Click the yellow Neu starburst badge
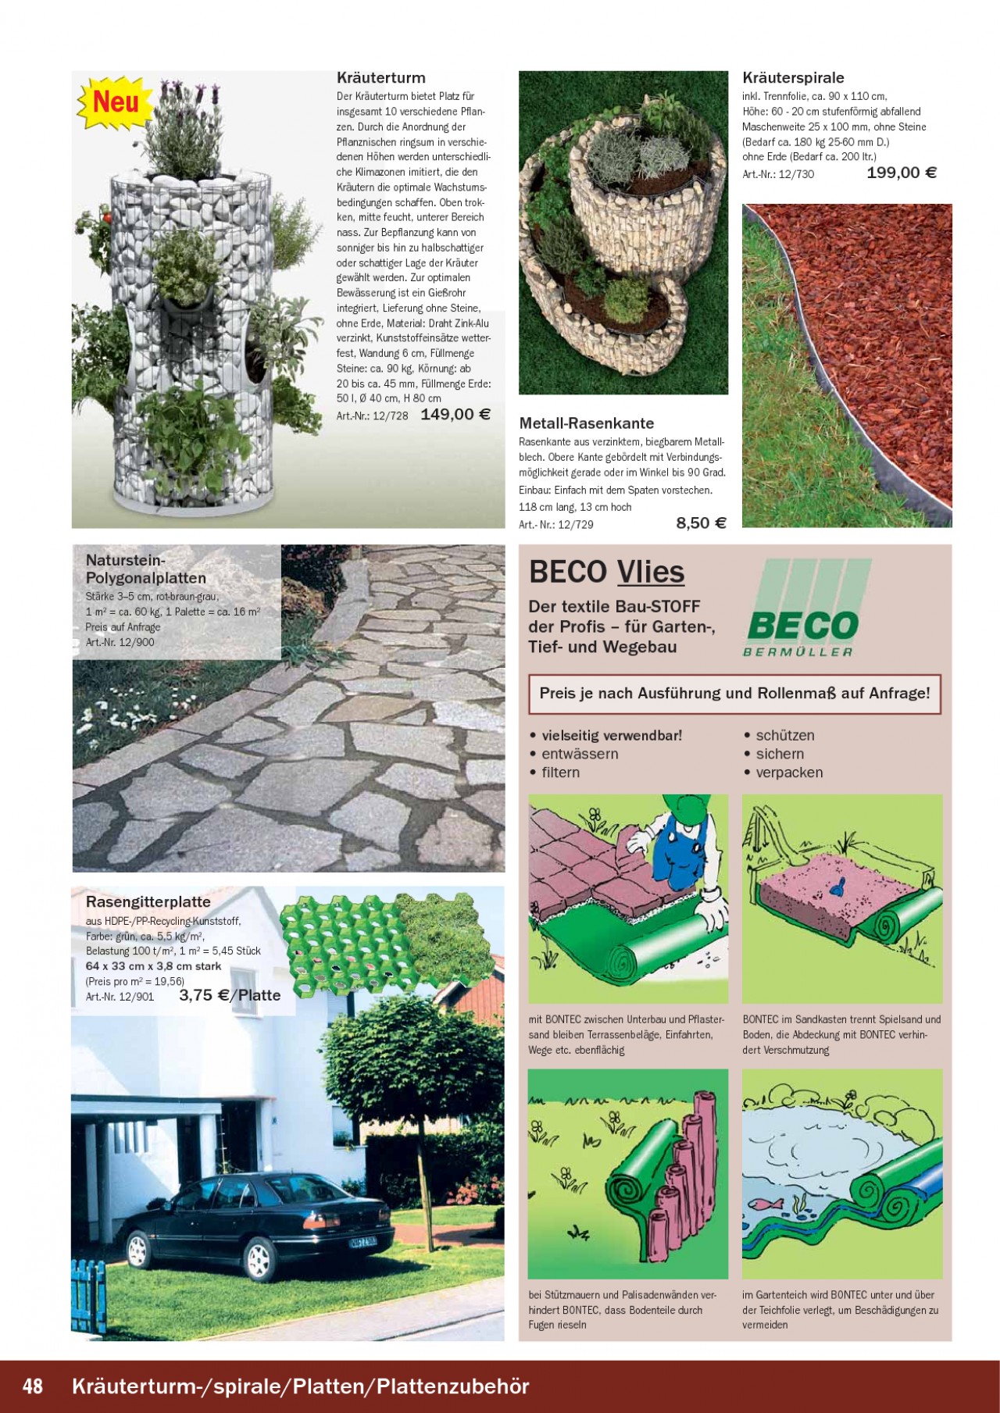pyautogui.click(x=115, y=102)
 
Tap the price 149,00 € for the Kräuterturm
pyautogui.click(x=455, y=415)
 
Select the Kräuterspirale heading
pyautogui.click(x=793, y=78)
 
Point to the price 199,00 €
pyautogui.click(x=901, y=173)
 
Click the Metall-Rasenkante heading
pyautogui.click(x=586, y=423)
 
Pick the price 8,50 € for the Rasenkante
pyautogui.click(x=701, y=523)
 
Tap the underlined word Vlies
pyautogui.click(x=650, y=573)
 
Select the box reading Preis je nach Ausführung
pyautogui.click(x=734, y=694)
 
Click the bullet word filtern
pyautogui.click(x=560, y=773)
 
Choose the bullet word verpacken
pyautogui.click(x=789, y=773)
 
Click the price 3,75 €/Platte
pyautogui.click(x=230, y=995)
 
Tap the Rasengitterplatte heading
pyautogui.click(x=148, y=902)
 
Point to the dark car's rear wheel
pyautogui.click(x=257, y=1258)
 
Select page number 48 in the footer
pyautogui.click(x=33, y=1386)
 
